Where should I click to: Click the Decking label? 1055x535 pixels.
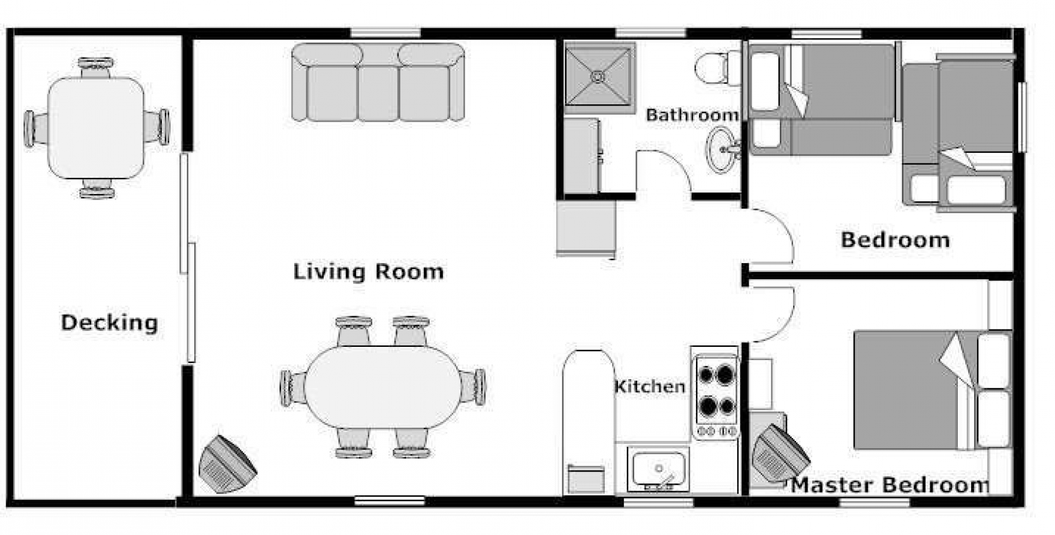(110, 323)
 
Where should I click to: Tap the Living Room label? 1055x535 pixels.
(369, 272)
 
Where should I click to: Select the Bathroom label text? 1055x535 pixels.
(692, 114)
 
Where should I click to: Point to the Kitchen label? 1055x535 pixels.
(650, 386)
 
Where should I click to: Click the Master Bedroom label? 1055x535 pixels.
(890, 485)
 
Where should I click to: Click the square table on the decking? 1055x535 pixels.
(96, 128)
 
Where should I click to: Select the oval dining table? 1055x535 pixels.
(382, 387)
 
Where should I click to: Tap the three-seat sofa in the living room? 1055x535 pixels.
(378, 82)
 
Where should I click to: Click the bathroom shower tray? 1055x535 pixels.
(599, 77)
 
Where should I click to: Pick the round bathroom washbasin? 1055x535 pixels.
(722, 149)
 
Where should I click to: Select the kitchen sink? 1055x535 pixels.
(658, 470)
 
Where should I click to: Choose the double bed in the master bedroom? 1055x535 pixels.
(933, 390)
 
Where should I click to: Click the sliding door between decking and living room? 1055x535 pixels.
(188, 258)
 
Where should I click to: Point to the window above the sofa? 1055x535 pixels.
(385, 32)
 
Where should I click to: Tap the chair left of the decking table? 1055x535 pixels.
(36, 128)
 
